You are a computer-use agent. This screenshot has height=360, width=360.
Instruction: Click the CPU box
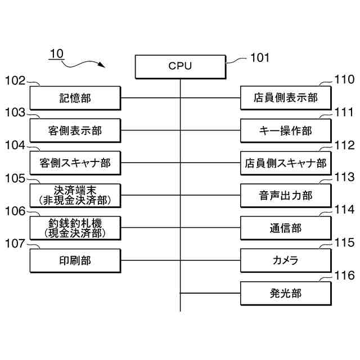tap(181, 67)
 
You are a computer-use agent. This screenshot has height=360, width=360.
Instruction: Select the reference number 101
tap(260, 57)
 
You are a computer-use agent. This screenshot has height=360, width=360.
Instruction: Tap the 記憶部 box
tap(75, 98)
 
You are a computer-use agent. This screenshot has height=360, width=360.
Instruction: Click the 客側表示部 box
tap(75, 130)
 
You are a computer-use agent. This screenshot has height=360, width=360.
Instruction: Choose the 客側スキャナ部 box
tap(75, 163)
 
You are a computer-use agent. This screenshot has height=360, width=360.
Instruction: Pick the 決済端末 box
tap(75, 196)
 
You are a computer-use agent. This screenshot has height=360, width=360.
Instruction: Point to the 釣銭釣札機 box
tap(75, 228)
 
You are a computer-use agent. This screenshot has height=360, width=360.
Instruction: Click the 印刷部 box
tap(75, 261)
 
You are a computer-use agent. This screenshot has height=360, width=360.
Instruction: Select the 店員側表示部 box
tap(286, 98)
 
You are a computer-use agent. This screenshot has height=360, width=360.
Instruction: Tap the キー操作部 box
tap(286, 130)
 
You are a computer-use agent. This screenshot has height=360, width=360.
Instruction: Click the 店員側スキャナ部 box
tap(286, 163)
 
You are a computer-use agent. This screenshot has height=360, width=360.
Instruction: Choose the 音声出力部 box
tap(286, 196)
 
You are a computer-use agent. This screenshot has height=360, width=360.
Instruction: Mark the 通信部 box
tap(286, 228)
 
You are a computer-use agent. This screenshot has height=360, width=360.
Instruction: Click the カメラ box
tap(286, 261)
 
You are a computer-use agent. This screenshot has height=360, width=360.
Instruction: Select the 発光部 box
tap(286, 294)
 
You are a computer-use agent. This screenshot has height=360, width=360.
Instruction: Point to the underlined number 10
tap(56, 54)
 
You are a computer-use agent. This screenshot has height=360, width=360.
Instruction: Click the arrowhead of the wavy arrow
tap(102, 65)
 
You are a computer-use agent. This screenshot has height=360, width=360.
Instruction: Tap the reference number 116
tap(344, 275)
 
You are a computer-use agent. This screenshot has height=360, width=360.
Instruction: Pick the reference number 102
tap(15, 81)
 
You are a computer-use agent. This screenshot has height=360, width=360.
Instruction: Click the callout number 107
tap(15, 244)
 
